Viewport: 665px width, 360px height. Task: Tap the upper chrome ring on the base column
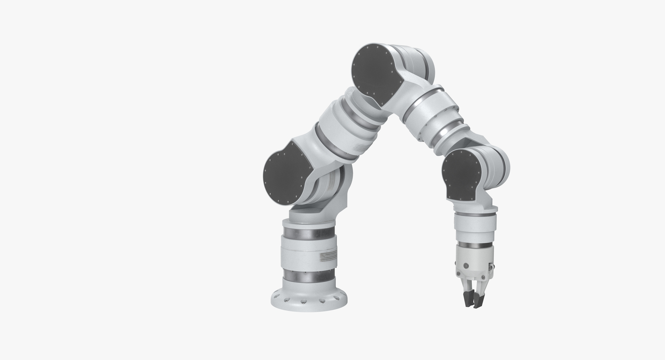click(x=309, y=233)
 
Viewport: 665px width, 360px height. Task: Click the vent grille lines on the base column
click(x=327, y=257)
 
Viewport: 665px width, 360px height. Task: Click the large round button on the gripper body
click(x=466, y=265)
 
